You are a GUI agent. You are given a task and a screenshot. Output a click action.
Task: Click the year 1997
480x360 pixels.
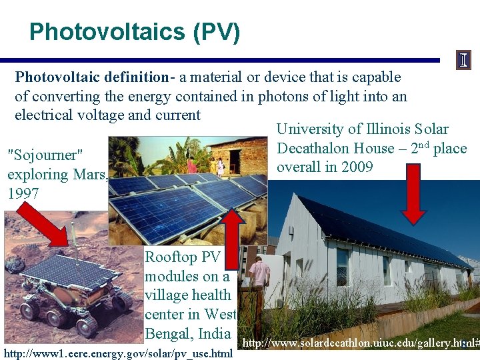[x=23, y=193]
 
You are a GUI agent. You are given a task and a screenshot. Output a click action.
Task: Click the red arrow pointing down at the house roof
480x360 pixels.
[x=413, y=193]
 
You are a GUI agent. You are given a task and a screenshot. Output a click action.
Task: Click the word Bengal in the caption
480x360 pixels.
[x=168, y=333]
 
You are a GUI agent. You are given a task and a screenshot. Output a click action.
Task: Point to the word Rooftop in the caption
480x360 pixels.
[x=171, y=257]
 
